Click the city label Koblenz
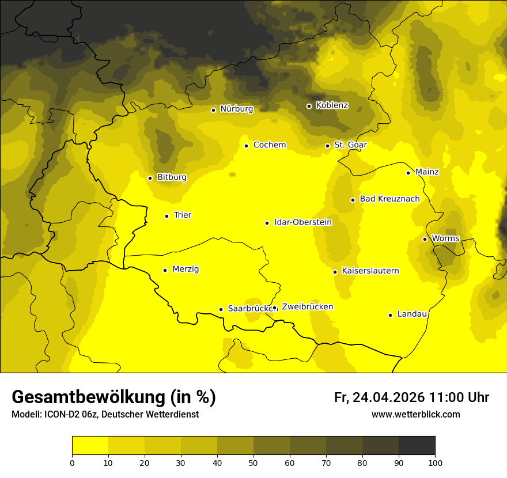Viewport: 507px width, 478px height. [332, 105]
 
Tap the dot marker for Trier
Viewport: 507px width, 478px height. [167, 216]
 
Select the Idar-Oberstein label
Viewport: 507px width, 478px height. [303, 222]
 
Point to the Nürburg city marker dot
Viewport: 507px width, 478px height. [213, 110]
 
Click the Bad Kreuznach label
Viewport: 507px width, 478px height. [389, 199]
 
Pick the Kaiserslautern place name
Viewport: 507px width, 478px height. [370, 271]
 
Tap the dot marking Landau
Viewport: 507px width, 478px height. [390, 315]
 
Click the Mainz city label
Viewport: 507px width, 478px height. [427, 172]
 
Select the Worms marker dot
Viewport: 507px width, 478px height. [425, 239]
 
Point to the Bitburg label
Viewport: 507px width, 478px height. [172, 177]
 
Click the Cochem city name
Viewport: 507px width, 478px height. [270, 145]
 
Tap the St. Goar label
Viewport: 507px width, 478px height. [350, 145]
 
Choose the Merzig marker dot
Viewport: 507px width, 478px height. [165, 270]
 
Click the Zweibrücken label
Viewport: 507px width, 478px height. [307, 307]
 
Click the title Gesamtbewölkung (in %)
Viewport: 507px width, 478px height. [113, 397]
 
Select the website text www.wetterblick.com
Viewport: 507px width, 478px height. [415, 415]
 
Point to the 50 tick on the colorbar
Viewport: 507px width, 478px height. [253, 462]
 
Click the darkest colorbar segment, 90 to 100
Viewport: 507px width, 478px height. [417, 445]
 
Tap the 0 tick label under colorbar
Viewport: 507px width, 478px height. [72, 462]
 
